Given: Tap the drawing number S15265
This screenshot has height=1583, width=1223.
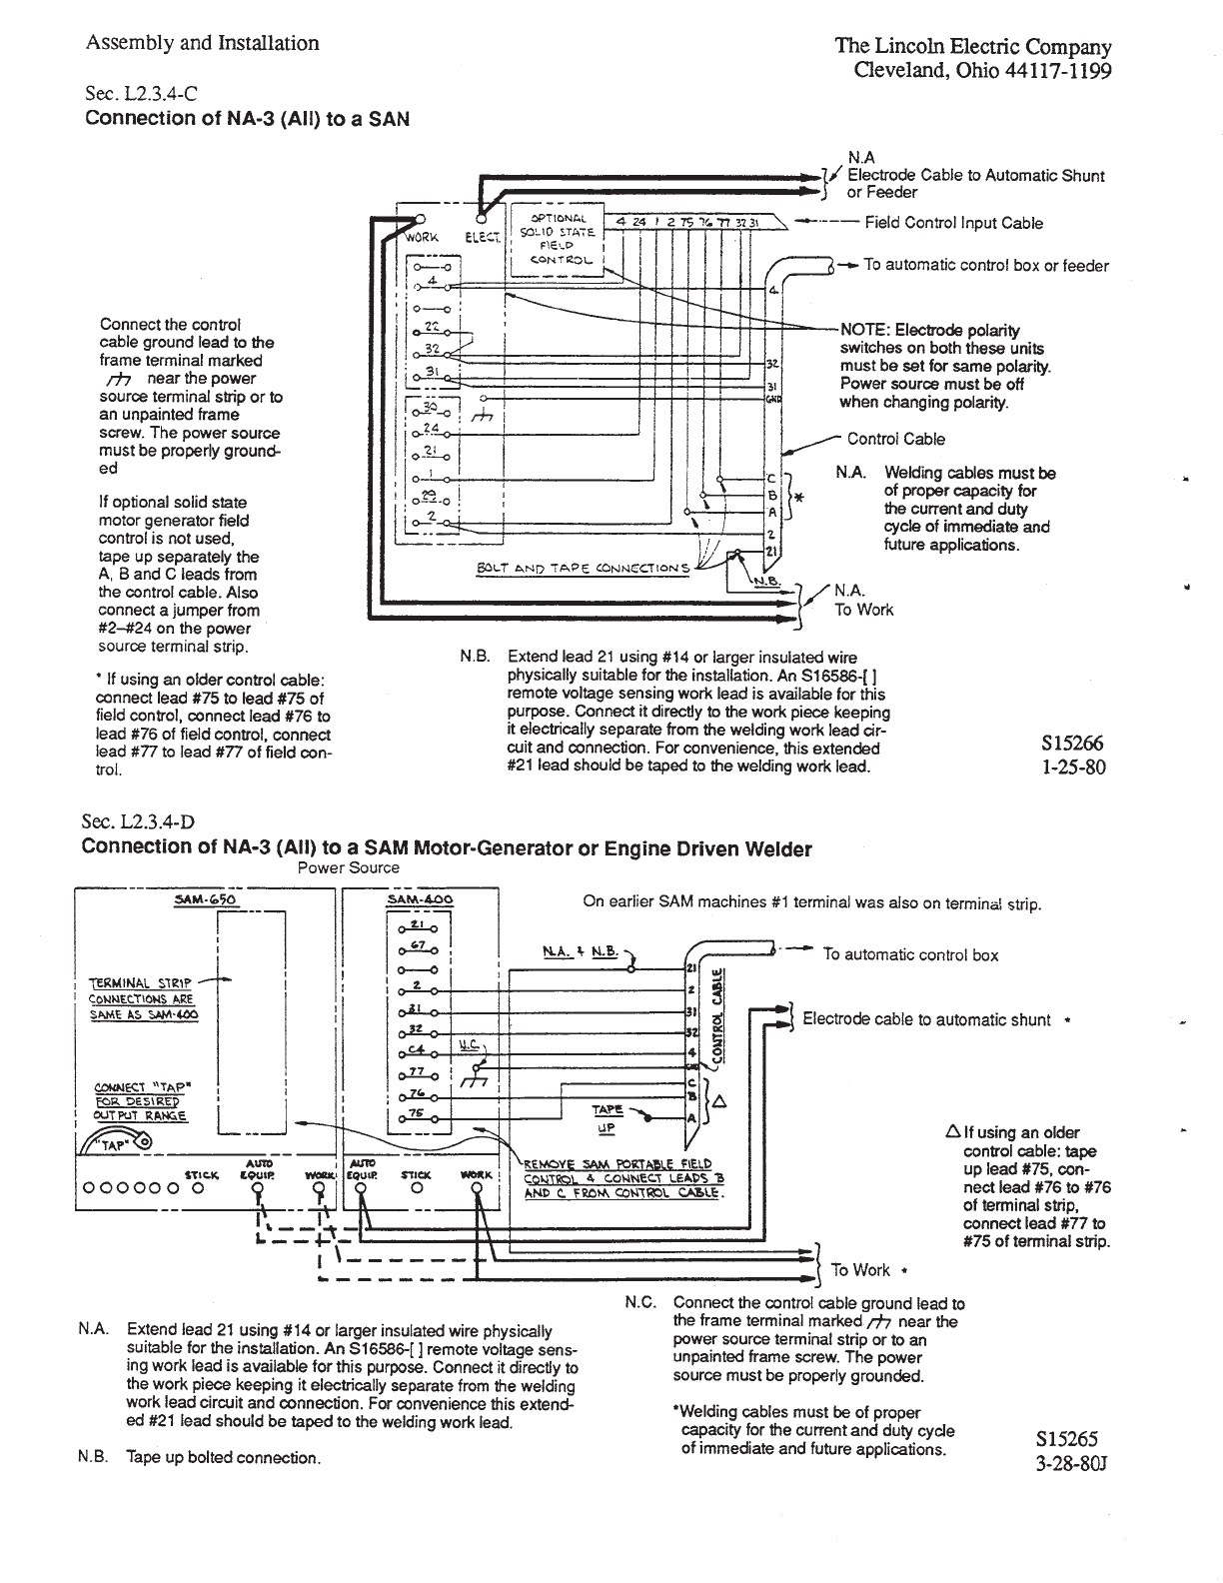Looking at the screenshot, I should point(1068,1439).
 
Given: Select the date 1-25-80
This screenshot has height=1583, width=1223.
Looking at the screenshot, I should point(1073,769).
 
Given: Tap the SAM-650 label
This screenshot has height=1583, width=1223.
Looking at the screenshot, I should point(204,899).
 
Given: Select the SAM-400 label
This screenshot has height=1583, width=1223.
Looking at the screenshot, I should point(419,899).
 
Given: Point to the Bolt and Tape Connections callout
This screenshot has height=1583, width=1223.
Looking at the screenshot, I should point(584,569).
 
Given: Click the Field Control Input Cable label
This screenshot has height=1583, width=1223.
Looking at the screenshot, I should point(953,223).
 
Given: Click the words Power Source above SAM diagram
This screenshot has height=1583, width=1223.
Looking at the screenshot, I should point(348,867).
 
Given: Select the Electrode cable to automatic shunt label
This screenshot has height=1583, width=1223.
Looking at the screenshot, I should point(926,1019).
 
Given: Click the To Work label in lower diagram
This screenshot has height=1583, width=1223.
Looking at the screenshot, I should point(859,1269).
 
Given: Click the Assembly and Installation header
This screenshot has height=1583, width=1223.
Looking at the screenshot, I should point(203,43).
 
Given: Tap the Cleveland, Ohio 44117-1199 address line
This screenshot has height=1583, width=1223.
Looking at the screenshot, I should point(982,72).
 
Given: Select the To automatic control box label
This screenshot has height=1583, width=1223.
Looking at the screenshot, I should point(910,954).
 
